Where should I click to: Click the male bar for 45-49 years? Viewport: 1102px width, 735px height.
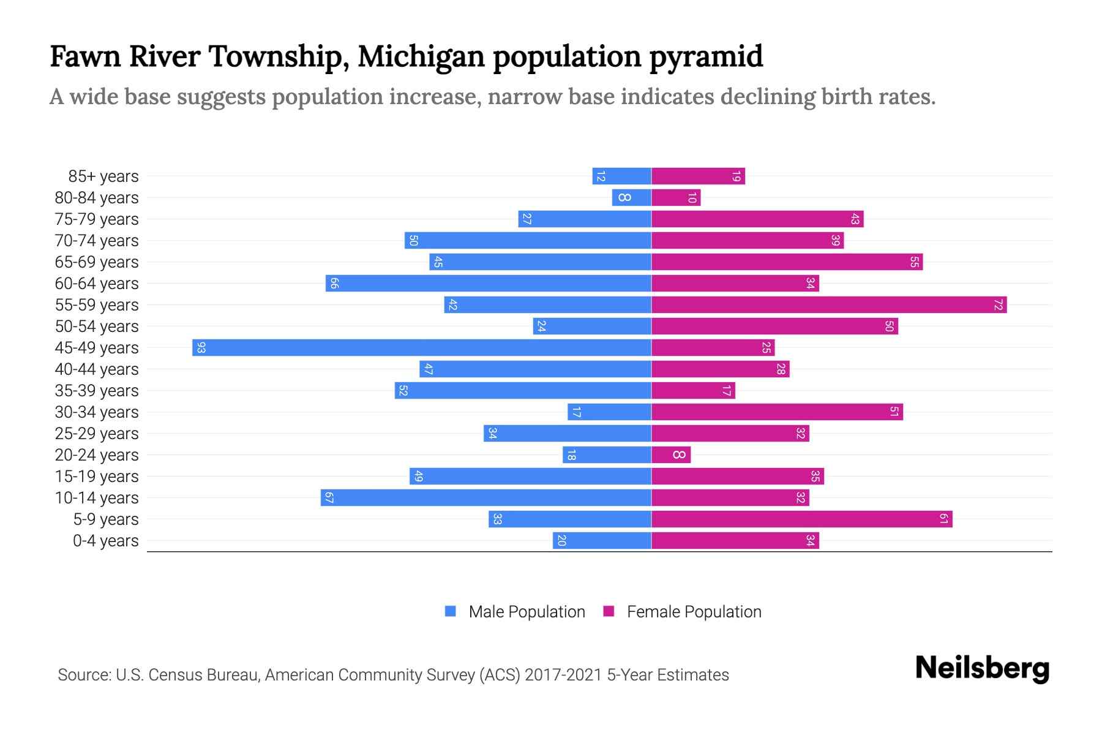(x=422, y=348)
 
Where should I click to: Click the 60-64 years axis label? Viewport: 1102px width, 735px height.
(x=97, y=284)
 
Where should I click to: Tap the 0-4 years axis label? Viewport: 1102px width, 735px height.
(x=105, y=541)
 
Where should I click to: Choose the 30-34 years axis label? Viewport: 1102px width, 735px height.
(x=97, y=412)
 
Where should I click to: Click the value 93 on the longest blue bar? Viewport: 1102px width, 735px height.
(x=201, y=348)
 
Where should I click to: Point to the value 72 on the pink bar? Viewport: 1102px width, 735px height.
(x=998, y=305)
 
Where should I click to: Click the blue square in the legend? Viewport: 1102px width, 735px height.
(x=451, y=611)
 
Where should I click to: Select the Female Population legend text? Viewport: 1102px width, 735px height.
(x=694, y=612)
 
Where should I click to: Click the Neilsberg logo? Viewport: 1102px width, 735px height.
(x=982, y=669)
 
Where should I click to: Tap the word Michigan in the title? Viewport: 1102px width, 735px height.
(x=421, y=56)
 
